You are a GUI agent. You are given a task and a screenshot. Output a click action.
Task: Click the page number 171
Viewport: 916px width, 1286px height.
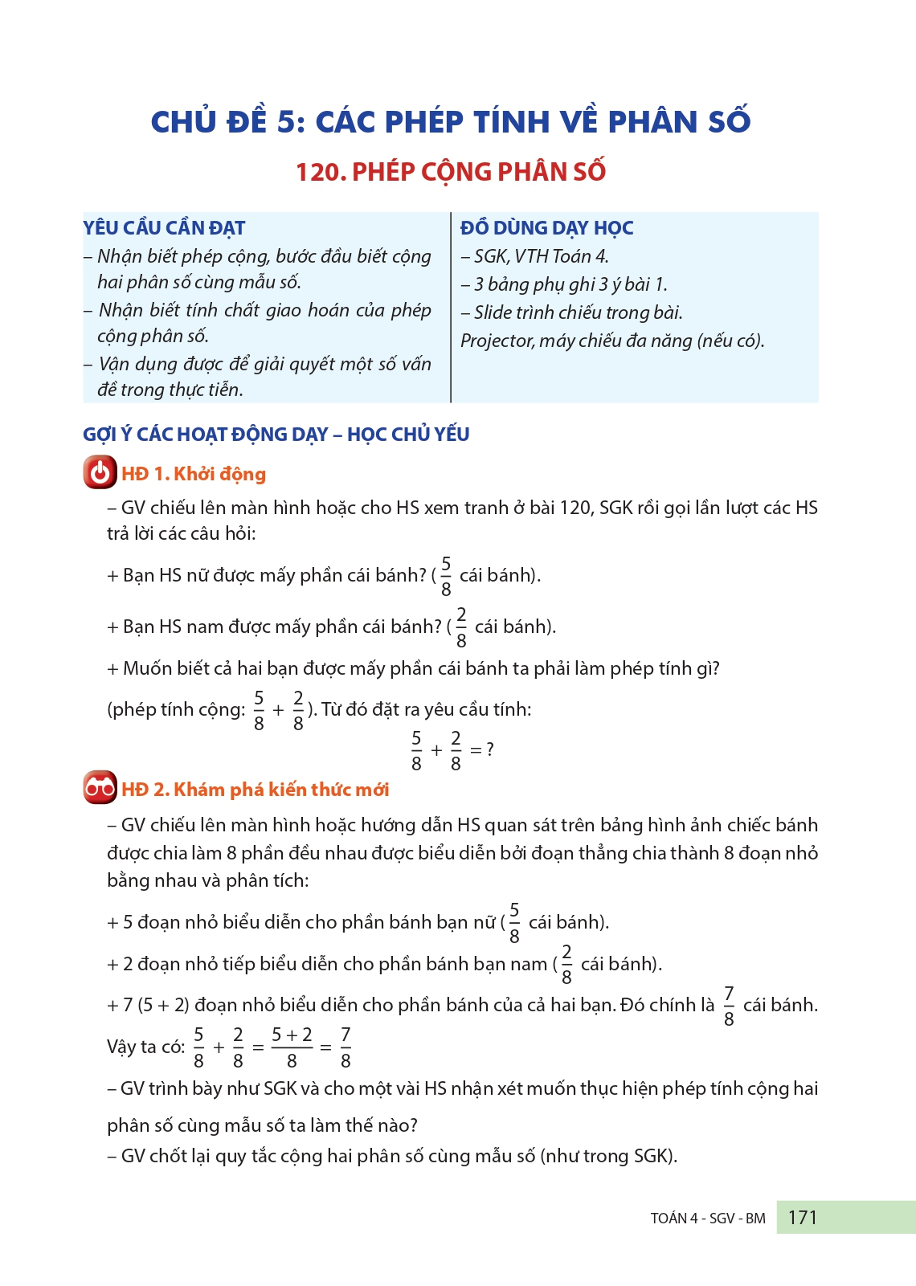[802, 1218]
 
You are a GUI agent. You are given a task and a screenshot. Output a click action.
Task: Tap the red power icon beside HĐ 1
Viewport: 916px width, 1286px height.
[100, 473]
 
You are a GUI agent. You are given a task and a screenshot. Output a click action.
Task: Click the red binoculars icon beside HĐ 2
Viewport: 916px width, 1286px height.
[100, 788]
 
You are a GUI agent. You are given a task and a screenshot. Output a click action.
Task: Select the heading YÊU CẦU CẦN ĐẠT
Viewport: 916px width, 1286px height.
[164, 228]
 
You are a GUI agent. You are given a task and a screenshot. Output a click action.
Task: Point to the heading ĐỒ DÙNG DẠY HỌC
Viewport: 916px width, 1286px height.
[546, 228]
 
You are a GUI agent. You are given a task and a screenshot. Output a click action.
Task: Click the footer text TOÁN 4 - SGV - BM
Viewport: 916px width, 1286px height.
[707, 1219]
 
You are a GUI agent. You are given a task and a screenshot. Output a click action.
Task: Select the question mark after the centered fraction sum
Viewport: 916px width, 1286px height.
[490, 749]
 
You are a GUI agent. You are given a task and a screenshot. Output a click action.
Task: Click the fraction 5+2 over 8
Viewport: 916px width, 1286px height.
[292, 1047]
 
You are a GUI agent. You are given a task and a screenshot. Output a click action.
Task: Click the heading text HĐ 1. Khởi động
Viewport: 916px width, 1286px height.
[194, 474]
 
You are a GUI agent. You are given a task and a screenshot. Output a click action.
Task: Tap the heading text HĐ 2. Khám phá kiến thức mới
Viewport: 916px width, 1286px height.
[256, 790]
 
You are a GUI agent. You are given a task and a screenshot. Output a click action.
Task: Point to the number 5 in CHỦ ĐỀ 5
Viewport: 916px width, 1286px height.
[286, 122]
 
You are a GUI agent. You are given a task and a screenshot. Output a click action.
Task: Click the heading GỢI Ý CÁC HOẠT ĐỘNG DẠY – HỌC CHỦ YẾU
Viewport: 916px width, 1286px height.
[276, 435]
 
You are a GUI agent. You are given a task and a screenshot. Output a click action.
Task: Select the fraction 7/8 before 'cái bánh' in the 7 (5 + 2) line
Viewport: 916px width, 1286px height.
[729, 1006]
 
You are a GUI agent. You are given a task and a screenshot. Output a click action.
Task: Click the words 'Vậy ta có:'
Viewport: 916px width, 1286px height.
[145, 1047]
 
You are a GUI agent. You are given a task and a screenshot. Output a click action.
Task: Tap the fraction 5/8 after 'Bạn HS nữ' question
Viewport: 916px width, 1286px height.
[446, 576]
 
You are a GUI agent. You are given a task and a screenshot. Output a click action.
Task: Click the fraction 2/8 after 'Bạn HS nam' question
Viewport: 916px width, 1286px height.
[461, 627]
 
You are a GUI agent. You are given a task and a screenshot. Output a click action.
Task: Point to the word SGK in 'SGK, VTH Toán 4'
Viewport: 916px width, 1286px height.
[490, 256]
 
